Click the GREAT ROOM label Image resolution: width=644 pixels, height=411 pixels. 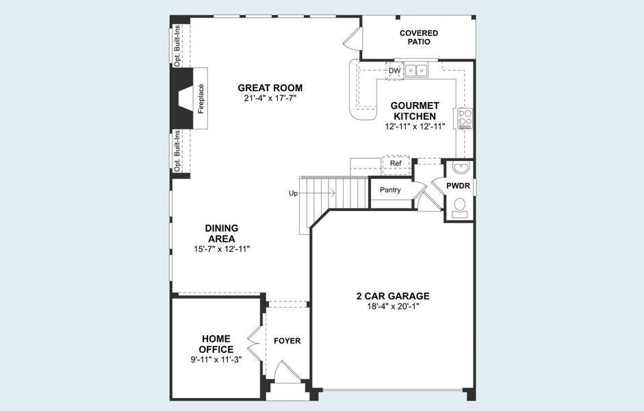(270, 88)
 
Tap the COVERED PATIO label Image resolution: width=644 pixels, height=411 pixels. (419, 37)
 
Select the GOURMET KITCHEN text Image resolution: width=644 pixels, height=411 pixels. (415, 111)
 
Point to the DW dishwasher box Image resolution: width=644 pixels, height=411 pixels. (394, 71)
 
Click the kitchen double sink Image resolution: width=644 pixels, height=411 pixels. (415, 70)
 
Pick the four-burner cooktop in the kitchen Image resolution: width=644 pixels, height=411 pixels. (465, 119)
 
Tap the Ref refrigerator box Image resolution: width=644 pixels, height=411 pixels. (396, 164)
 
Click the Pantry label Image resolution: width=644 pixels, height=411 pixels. (390, 190)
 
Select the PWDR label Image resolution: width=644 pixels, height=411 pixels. (458, 186)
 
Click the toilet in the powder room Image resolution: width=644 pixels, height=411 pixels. (460, 207)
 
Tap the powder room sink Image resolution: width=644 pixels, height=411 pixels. (459, 168)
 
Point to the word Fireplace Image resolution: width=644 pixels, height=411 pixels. (201, 98)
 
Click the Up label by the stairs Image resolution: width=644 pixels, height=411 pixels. (293, 193)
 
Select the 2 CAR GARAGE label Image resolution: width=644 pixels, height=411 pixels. (393, 296)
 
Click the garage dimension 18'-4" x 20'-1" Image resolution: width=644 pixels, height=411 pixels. (393, 306)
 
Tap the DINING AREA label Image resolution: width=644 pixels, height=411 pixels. (222, 234)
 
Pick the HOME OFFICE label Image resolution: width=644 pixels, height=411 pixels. (216, 344)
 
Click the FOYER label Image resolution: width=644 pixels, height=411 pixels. (287, 340)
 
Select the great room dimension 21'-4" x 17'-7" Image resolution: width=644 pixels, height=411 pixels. (270, 98)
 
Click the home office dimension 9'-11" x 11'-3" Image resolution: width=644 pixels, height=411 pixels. (216, 359)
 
